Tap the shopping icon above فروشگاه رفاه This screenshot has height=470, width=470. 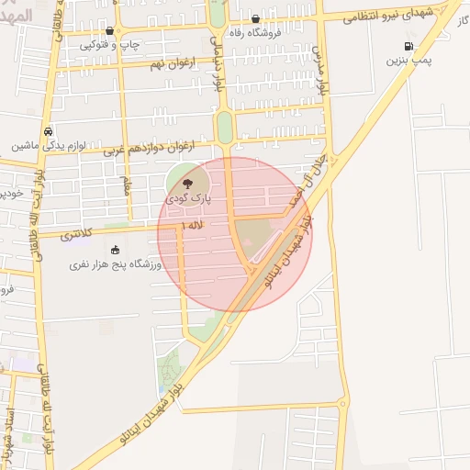[255, 18]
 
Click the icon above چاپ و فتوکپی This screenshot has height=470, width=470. [109, 31]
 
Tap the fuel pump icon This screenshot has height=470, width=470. [408, 46]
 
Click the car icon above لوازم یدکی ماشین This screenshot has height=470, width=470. [48, 131]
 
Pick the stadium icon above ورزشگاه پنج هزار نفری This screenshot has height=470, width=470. [115, 251]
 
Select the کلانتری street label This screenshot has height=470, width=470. [77, 235]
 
